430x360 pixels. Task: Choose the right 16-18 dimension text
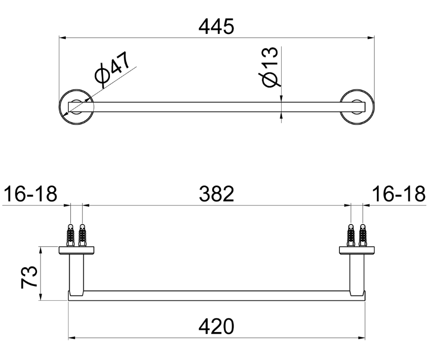[398, 194]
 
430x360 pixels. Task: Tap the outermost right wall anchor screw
[362, 234]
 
